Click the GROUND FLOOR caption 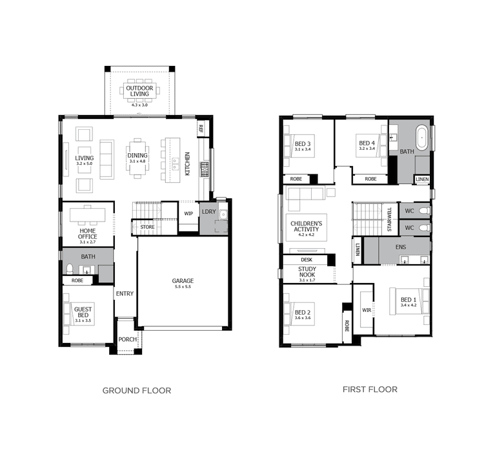click(137, 390)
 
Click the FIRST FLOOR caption click(370, 389)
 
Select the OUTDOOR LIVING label click(139, 90)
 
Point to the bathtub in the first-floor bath click(422, 137)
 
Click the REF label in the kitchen click(201, 128)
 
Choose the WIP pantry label click(188, 213)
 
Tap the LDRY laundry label click(208, 211)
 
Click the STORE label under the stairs click(147, 227)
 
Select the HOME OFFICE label click(88, 234)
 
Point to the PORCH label click(127, 339)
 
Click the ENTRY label click(125, 294)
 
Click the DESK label click(307, 260)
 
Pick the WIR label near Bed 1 click(367, 310)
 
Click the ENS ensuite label click(401, 247)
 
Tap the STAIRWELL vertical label click(389, 220)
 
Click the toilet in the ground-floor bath click(70, 269)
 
